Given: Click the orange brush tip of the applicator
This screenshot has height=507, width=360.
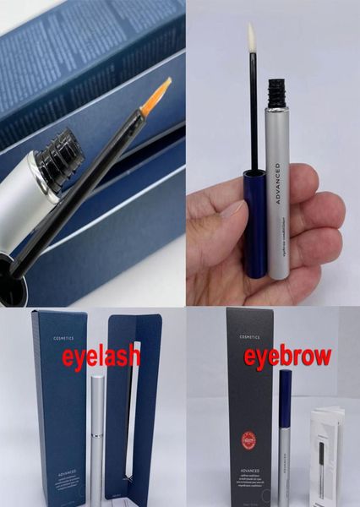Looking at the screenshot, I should pyautogui.click(x=156, y=94).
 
